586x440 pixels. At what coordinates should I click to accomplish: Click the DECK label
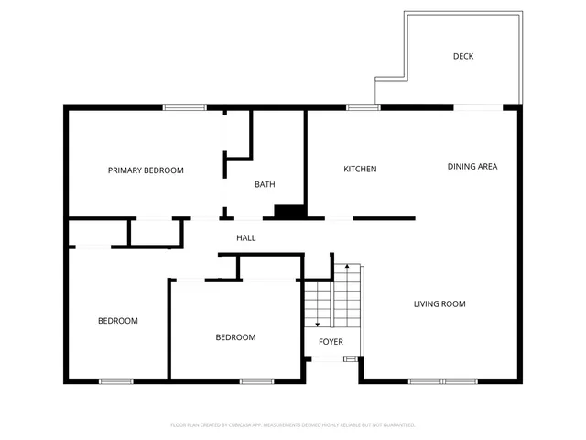click(x=463, y=56)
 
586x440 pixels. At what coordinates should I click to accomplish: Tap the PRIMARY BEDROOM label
click(x=146, y=170)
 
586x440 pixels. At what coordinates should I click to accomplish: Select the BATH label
click(x=265, y=185)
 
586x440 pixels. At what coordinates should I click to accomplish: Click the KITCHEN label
click(x=360, y=169)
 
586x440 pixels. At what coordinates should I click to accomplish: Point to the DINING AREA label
click(x=472, y=167)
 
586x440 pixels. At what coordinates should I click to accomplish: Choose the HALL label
click(x=246, y=238)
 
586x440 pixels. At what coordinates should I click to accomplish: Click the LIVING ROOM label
click(x=440, y=303)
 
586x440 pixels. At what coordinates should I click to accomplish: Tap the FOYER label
click(x=331, y=342)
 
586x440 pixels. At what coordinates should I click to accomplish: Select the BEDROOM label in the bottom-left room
click(x=118, y=321)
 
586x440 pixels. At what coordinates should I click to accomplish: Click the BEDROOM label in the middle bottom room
click(x=235, y=337)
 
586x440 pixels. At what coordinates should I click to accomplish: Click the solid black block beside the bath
click(x=290, y=212)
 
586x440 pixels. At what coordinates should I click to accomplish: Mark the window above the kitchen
click(x=364, y=108)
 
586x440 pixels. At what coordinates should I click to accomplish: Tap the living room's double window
click(x=443, y=380)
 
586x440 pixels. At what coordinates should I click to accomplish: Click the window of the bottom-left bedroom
click(x=116, y=380)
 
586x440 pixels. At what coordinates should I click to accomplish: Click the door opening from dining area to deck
click(x=478, y=108)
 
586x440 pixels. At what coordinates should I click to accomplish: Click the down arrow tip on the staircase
click(x=317, y=324)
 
